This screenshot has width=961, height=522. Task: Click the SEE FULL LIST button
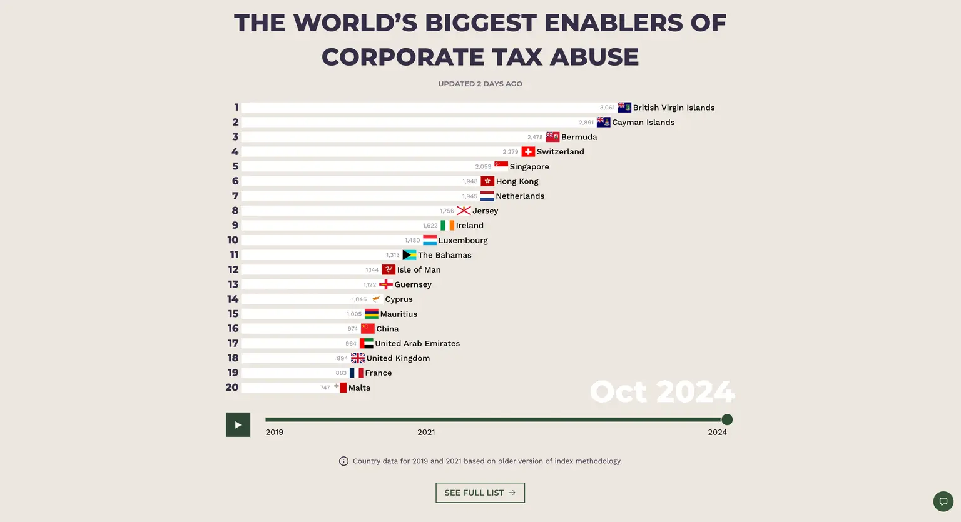[x=480, y=493]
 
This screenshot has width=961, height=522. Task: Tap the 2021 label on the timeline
[x=426, y=432]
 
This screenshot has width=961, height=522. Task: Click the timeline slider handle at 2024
[x=726, y=419]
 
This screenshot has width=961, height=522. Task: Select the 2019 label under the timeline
[x=274, y=432]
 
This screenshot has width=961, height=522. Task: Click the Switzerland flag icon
[x=528, y=152]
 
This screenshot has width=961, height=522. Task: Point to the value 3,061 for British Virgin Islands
[x=607, y=108]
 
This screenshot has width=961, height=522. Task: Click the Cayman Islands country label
[x=643, y=123]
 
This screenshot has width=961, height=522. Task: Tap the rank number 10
[x=233, y=240]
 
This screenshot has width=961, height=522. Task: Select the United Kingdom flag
[x=358, y=358]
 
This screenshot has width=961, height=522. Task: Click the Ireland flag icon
[x=447, y=226]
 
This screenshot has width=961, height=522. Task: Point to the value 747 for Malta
[x=325, y=388]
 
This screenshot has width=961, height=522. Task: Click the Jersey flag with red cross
[x=464, y=211]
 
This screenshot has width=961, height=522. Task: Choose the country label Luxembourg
[x=463, y=241]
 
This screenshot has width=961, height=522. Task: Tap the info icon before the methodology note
[x=343, y=461]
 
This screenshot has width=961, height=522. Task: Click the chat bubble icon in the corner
[x=943, y=501]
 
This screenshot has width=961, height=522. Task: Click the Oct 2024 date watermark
[x=661, y=392]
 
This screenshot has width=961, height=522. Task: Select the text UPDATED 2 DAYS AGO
[x=480, y=84]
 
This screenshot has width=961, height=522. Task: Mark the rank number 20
[x=232, y=388]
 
